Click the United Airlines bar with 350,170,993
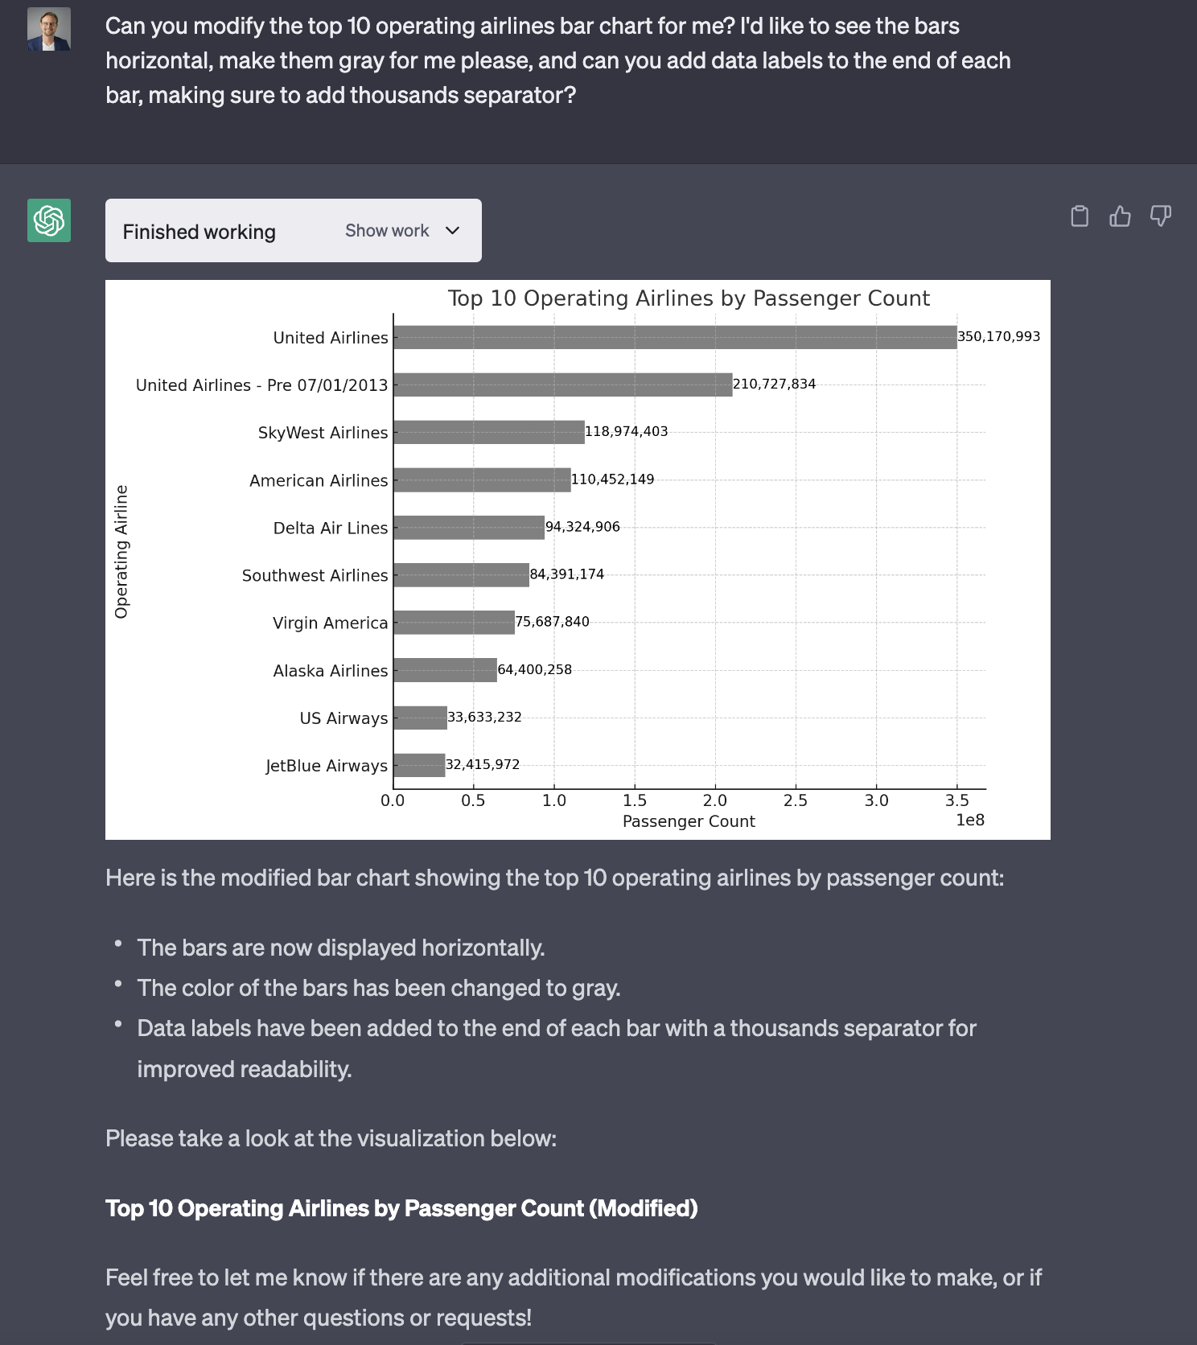tap(675, 338)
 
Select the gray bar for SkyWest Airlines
tap(489, 433)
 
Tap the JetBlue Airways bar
tap(419, 765)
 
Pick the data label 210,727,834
tap(774, 385)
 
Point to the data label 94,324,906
tap(582, 527)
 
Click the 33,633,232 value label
tap(484, 717)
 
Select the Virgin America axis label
tap(330, 623)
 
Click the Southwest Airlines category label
tap(315, 575)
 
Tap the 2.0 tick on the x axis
tap(714, 800)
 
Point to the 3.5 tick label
tap(956, 800)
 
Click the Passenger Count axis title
tap(689, 821)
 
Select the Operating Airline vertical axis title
tap(121, 552)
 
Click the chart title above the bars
tap(689, 298)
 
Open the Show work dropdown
tap(402, 231)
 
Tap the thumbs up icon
tap(1120, 216)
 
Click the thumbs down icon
tap(1160, 216)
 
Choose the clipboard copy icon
tap(1080, 216)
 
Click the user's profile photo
tap(49, 30)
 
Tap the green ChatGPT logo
tap(49, 220)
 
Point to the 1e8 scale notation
tap(969, 820)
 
